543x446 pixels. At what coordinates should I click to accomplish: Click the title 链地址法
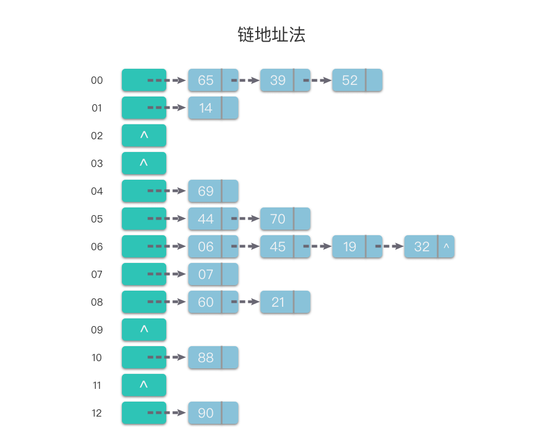click(271, 35)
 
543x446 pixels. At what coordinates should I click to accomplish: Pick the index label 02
click(97, 136)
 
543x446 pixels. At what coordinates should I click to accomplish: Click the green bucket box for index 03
click(144, 163)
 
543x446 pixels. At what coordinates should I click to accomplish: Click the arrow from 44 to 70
click(245, 219)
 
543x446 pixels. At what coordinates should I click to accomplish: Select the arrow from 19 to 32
click(389, 246)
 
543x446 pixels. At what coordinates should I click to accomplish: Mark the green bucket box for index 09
click(144, 330)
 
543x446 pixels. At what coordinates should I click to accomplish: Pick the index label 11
click(97, 386)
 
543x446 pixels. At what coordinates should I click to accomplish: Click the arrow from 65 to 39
click(245, 80)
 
